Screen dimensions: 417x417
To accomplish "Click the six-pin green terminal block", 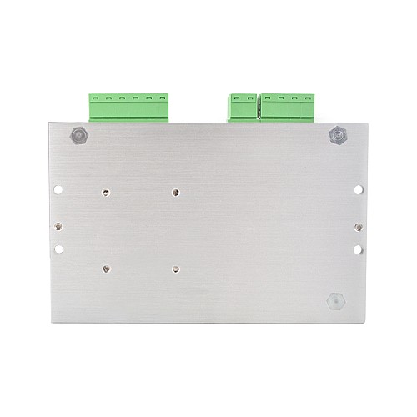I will point(127,106).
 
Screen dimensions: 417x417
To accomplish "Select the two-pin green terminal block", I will point(241,106).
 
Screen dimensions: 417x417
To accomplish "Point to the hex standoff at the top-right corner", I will point(338,133).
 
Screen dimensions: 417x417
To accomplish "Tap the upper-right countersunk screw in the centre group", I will point(175,191).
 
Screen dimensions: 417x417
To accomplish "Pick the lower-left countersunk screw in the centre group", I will point(106,269).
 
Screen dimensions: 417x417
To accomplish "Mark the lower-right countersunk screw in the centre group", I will point(175,269).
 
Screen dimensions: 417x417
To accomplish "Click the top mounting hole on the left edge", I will point(58,188).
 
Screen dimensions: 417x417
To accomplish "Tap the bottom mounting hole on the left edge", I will point(58,249).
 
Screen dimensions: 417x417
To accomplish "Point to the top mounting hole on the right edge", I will point(358,188).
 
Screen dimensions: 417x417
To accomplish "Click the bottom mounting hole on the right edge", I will point(358,249).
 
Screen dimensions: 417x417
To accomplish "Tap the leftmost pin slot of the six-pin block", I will point(94,98).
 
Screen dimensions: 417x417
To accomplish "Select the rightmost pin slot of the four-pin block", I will point(309,98).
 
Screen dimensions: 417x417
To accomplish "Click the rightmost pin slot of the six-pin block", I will point(160,98).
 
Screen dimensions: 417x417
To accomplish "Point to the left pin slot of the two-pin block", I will point(234,98).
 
